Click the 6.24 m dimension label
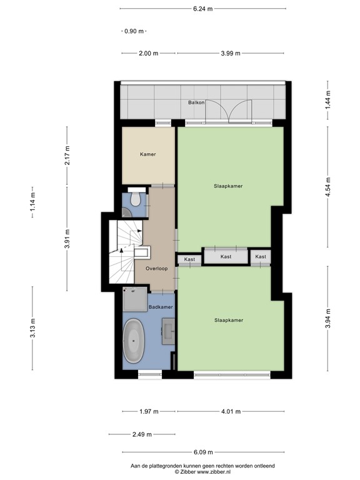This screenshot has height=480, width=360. [x=202, y=9]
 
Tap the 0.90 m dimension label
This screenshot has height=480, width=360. [x=134, y=31]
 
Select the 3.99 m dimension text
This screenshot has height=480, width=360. [x=231, y=53]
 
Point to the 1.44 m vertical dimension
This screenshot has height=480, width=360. [x=328, y=100]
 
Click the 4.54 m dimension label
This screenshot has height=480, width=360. [x=328, y=186]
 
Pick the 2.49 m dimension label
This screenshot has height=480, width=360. [x=142, y=434]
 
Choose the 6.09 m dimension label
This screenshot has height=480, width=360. [x=203, y=452]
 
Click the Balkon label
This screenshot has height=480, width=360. [x=196, y=102]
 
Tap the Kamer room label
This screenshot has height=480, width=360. [x=148, y=154]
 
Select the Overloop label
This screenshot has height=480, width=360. [x=156, y=269]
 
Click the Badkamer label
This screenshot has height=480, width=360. [x=161, y=307]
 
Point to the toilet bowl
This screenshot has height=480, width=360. [x=135, y=198]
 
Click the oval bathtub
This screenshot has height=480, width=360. [x=134, y=341]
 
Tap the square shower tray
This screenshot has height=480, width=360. [x=135, y=299]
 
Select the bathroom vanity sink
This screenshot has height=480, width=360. [x=168, y=331]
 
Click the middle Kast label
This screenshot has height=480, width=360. [x=226, y=256]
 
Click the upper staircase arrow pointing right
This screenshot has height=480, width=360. [x=136, y=231]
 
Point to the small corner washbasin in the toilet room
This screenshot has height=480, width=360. [x=126, y=212]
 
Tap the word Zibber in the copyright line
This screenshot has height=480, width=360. [x=188, y=472]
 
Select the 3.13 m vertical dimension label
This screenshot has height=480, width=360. [x=32, y=328]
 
